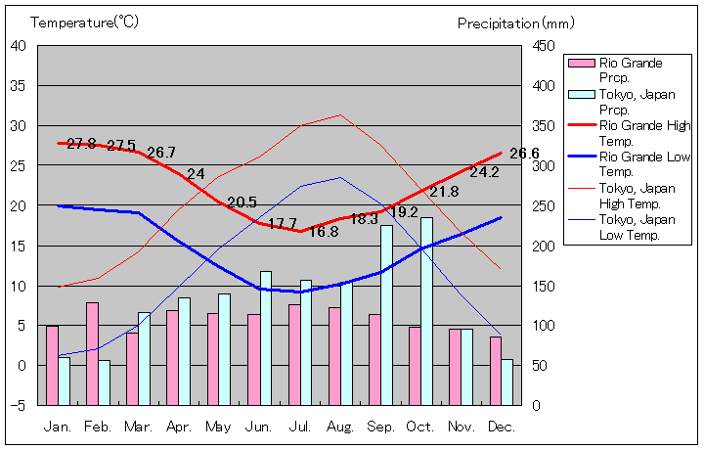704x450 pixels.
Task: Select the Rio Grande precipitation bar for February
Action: (x=92, y=353)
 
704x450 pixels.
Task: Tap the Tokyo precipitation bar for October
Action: (x=426, y=311)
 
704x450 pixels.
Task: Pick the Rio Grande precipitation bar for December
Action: (x=496, y=371)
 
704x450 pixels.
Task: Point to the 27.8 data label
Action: (x=81, y=144)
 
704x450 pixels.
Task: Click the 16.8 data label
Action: (x=324, y=232)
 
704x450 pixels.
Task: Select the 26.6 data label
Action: (x=524, y=154)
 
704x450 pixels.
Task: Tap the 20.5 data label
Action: (x=242, y=202)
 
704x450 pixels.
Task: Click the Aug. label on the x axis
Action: (x=340, y=427)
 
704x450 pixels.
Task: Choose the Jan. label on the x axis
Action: (x=58, y=427)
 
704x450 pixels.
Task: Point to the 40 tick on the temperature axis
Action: (x=20, y=45)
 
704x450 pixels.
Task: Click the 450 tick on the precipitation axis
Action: (x=544, y=45)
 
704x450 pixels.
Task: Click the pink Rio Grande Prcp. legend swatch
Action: (x=582, y=64)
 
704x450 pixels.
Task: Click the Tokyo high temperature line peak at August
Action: (x=340, y=114)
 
